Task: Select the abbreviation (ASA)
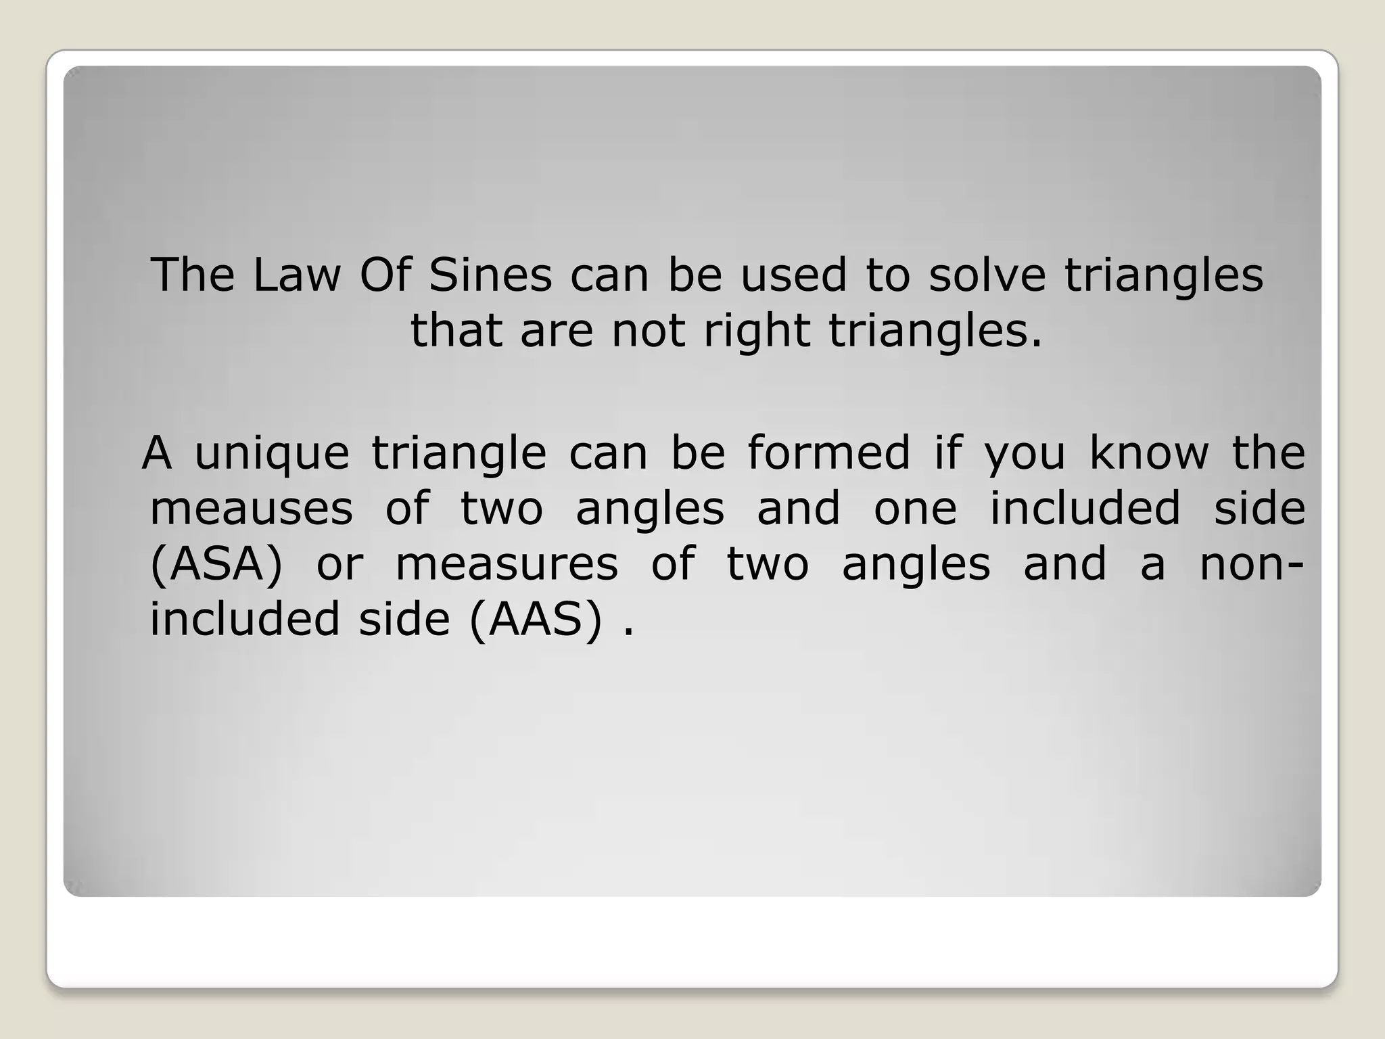(216, 563)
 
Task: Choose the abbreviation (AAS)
(535, 619)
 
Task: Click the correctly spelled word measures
(507, 563)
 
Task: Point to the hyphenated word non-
(1251, 563)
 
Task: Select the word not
(649, 331)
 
